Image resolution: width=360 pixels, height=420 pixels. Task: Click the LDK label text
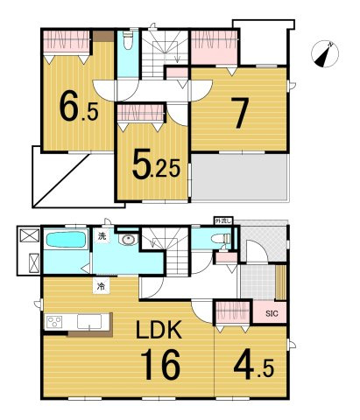coord(158,331)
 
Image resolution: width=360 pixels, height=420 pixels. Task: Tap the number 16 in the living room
coord(159,362)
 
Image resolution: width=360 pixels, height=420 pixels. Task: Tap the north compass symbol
coord(326,54)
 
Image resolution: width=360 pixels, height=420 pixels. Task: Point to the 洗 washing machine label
coord(102,237)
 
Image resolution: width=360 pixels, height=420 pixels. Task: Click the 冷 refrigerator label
coord(102,286)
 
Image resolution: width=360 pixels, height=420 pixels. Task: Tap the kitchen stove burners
coord(55,322)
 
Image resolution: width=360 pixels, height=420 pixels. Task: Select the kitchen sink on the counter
coord(88,322)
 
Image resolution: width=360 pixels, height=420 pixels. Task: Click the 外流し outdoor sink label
coord(223,220)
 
